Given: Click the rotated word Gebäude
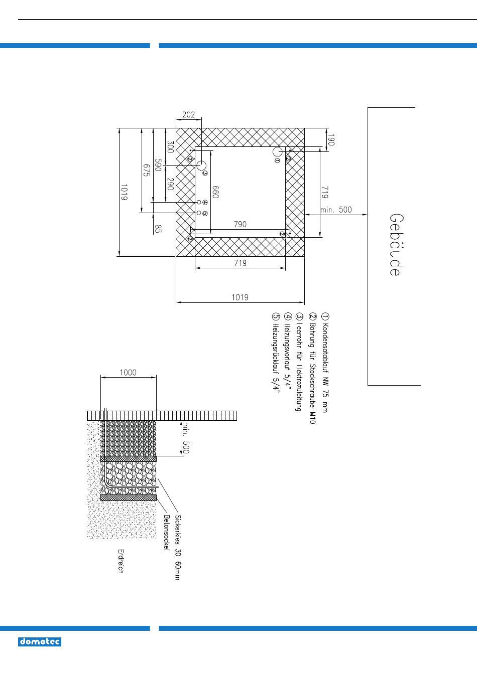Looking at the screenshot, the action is [395, 245].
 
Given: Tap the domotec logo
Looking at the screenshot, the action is [40, 642].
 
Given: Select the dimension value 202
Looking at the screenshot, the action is [188, 115].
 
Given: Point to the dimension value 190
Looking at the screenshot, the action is [330, 139].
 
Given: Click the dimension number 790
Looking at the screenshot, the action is [241, 224].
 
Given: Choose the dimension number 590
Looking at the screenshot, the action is [158, 165].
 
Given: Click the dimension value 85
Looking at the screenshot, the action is [158, 229].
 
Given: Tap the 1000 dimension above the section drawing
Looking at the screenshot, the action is [128, 373].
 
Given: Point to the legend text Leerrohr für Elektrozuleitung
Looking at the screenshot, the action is [300, 362].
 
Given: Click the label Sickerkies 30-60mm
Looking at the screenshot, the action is [178, 547].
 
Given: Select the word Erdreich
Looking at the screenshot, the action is [121, 561].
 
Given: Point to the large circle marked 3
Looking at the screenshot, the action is [201, 165].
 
